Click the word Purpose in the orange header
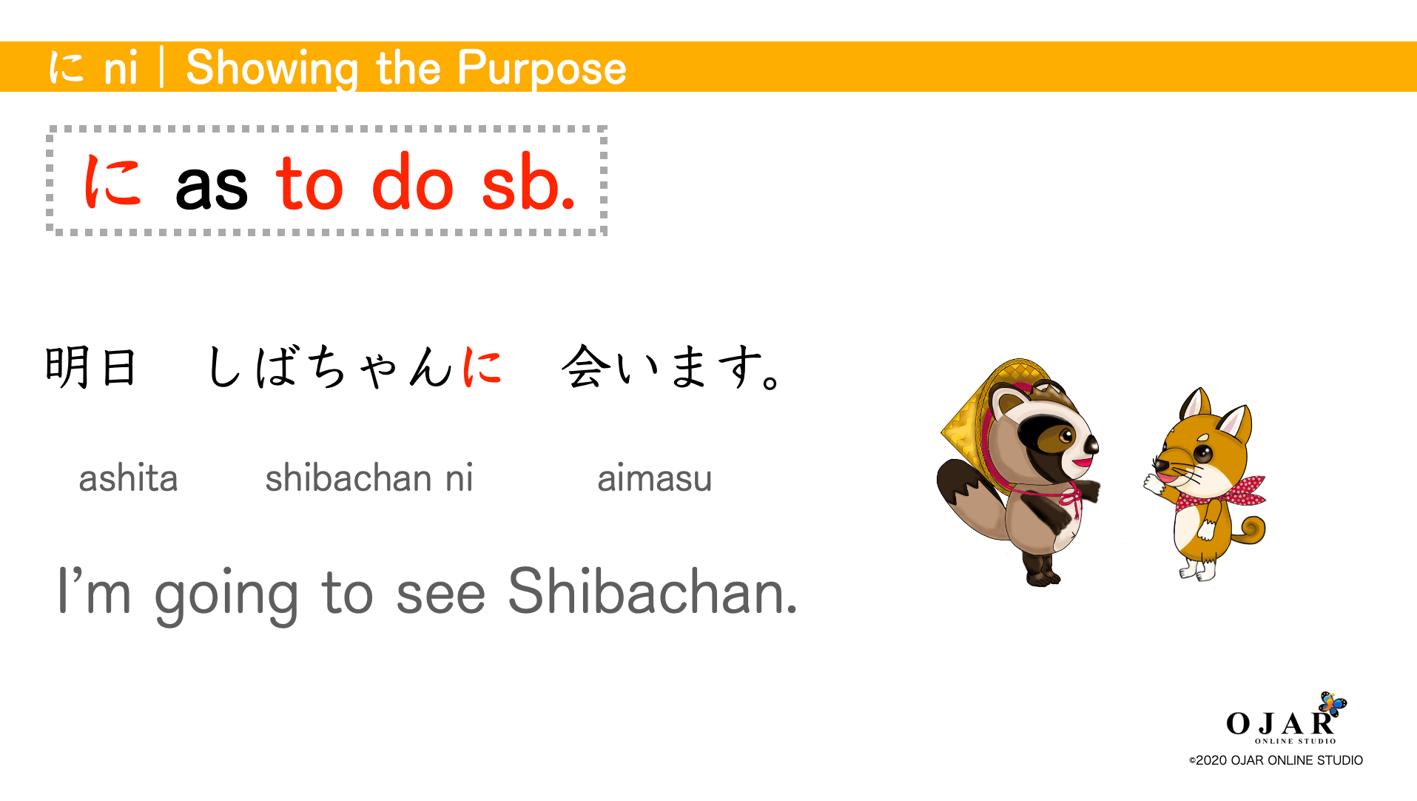(542, 68)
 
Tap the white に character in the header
(66, 67)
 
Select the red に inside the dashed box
(112, 181)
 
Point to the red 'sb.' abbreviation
(528, 183)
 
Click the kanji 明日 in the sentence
(91, 366)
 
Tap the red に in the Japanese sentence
(482, 366)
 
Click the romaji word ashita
(128, 478)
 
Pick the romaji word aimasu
(654, 478)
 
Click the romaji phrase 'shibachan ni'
(368, 478)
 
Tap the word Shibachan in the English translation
(652, 592)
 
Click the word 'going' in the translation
(226, 594)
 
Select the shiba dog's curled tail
(1251, 530)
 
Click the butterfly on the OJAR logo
(1333, 703)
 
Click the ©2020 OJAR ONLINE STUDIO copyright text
(1276, 760)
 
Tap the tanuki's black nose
(1091, 444)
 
